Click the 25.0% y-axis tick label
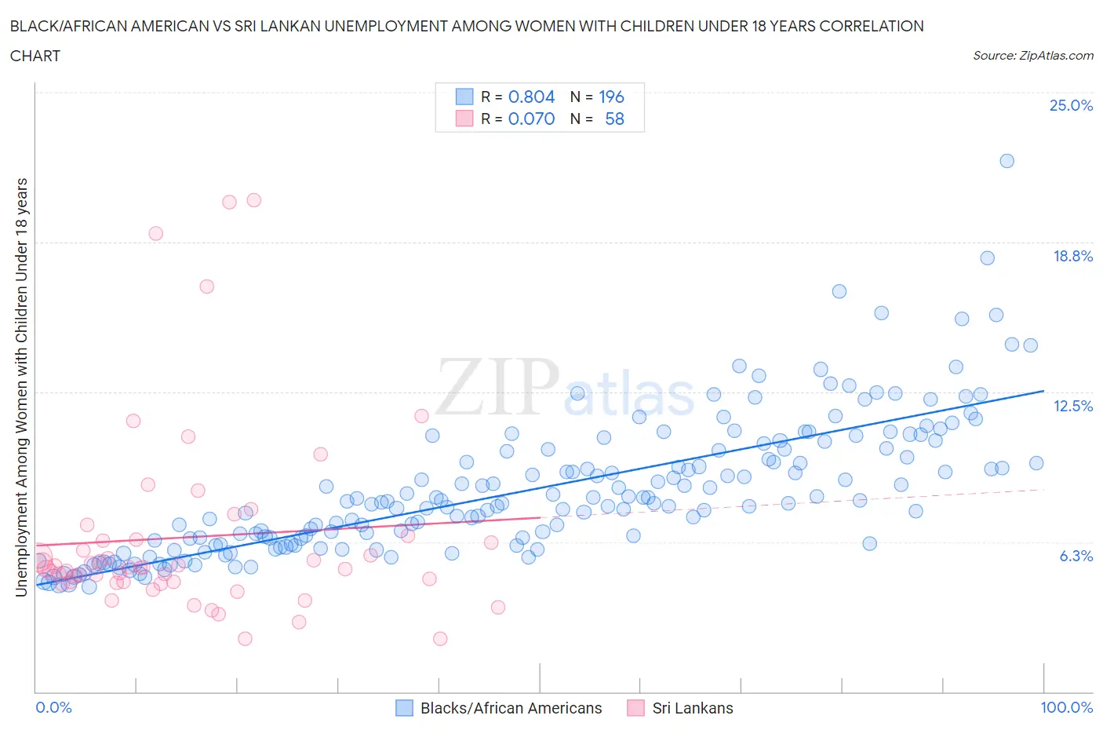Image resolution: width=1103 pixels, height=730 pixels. [x=1071, y=105]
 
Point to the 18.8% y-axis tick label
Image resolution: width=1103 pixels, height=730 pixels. [x=1072, y=256]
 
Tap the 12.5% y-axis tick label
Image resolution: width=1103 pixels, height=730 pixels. [x=1072, y=406]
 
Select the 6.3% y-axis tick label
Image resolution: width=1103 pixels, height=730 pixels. [x=1076, y=556]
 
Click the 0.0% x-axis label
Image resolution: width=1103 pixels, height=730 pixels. [x=54, y=707]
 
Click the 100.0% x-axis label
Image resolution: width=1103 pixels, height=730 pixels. [x=1066, y=707]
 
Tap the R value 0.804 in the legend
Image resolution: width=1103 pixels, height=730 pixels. [x=531, y=97]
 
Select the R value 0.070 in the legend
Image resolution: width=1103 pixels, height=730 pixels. [x=531, y=119]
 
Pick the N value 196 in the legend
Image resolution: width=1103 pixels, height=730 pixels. [x=611, y=97]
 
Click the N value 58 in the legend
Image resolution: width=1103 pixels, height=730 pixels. [x=614, y=119]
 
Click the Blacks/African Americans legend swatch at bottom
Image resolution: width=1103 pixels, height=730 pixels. [x=404, y=708]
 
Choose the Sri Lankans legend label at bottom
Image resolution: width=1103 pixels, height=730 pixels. [x=692, y=708]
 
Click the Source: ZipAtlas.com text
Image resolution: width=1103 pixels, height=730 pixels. [x=1032, y=55]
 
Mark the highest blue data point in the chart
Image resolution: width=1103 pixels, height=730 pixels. [x=1007, y=161]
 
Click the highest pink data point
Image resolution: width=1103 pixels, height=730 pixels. [x=253, y=200]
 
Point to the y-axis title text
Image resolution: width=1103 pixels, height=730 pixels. [x=22, y=387]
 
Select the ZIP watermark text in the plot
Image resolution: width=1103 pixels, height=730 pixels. [x=497, y=386]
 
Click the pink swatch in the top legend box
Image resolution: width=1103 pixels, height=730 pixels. [x=464, y=119]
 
